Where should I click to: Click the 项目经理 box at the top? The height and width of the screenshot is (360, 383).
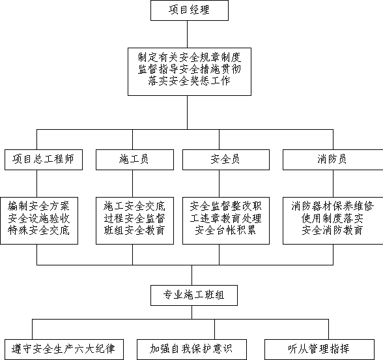point(190,10)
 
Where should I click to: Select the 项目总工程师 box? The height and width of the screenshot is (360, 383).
point(44,160)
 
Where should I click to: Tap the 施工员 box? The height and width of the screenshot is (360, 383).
point(135,160)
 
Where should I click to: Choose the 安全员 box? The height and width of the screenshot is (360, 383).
point(226,160)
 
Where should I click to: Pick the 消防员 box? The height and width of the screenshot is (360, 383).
point(333,160)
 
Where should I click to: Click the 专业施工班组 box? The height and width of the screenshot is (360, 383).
point(194,295)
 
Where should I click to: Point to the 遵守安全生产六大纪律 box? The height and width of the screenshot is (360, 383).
point(64,350)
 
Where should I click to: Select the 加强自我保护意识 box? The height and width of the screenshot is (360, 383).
point(191,350)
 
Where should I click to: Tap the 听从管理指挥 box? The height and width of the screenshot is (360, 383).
point(319,350)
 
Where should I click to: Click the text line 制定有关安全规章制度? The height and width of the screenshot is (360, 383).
point(190,57)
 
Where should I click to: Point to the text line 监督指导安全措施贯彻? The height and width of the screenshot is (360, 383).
point(190,69)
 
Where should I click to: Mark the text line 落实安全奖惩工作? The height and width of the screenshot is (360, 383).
point(190,81)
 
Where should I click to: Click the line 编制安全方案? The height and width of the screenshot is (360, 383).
point(38,206)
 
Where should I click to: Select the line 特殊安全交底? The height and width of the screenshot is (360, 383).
point(38,230)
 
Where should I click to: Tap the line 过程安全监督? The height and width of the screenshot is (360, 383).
point(135,218)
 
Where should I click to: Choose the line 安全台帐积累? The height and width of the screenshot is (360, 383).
point(225,230)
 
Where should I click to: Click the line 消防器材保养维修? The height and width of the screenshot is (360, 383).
point(333,206)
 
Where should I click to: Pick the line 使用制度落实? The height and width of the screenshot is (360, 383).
point(333,218)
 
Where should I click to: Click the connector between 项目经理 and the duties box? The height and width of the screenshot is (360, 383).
point(188,34)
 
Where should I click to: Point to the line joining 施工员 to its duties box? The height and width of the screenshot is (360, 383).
point(133,183)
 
